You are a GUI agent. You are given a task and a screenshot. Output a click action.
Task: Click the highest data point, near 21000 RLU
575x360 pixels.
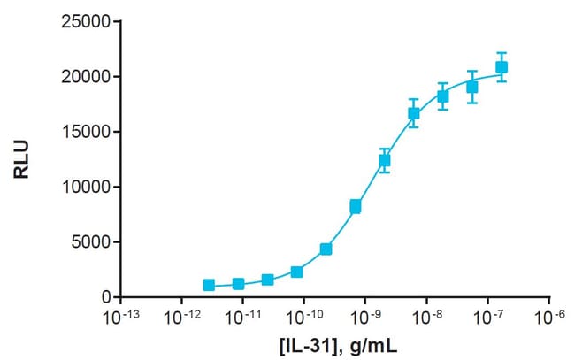tap(502, 67)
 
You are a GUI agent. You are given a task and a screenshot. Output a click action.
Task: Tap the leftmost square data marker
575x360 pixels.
tap(209, 285)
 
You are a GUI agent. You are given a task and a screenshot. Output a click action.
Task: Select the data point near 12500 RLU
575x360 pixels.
tap(384, 160)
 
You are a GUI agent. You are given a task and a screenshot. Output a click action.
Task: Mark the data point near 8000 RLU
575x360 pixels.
tap(355, 207)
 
